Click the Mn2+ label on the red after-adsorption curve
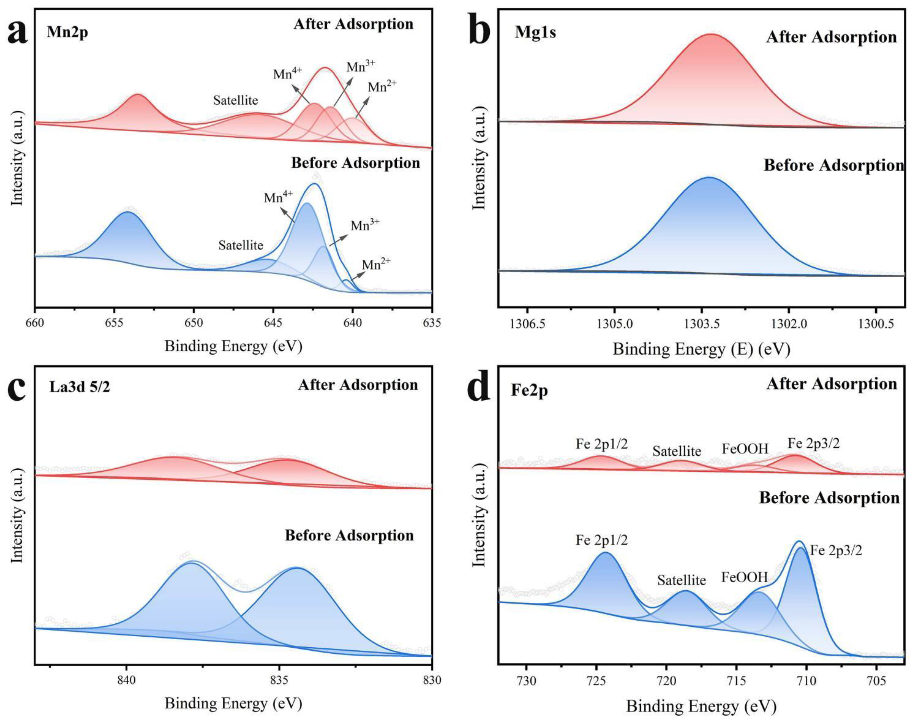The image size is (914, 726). coord(382,87)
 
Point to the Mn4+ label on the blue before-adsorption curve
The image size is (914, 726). coord(278,198)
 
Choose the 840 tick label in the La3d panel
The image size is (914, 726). coord(126,680)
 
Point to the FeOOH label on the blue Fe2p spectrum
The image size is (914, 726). coord(744,578)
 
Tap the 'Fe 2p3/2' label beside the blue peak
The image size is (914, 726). coord(836,551)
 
